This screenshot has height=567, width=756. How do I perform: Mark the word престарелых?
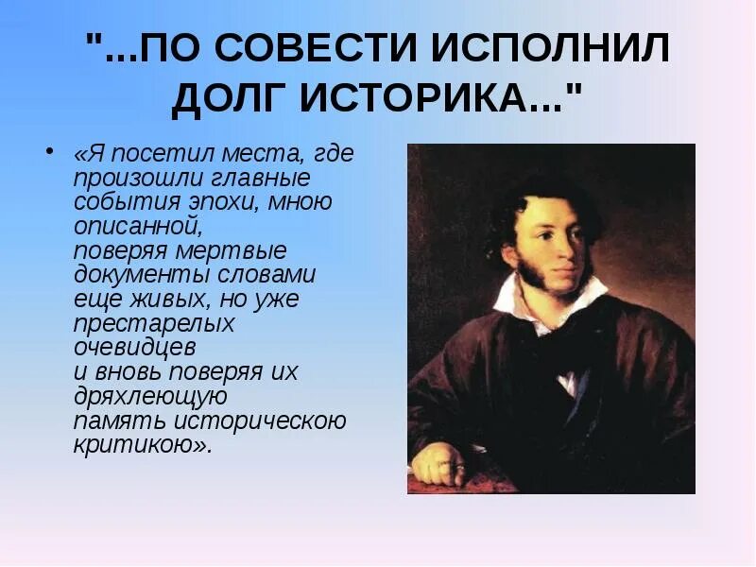click(154, 323)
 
